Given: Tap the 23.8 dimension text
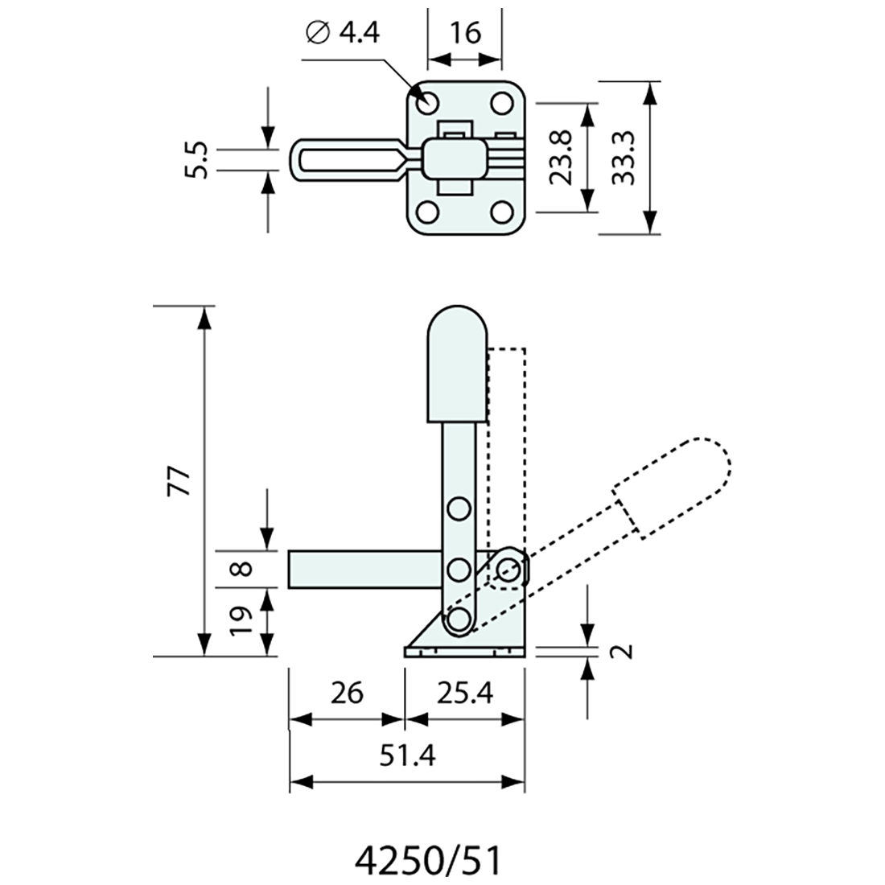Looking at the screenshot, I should [x=564, y=158].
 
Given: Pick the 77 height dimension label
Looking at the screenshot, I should [x=180, y=480].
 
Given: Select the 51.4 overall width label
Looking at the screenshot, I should [x=407, y=755].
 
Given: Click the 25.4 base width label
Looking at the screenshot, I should [x=464, y=692].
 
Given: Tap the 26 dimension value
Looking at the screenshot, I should [x=346, y=692].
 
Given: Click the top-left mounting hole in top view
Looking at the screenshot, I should [x=427, y=103].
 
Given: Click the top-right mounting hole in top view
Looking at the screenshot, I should [x=503, y=103].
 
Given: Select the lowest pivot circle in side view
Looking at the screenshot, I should [x=459, y=619].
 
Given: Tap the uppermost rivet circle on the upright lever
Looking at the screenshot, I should [x=459, y=508].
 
